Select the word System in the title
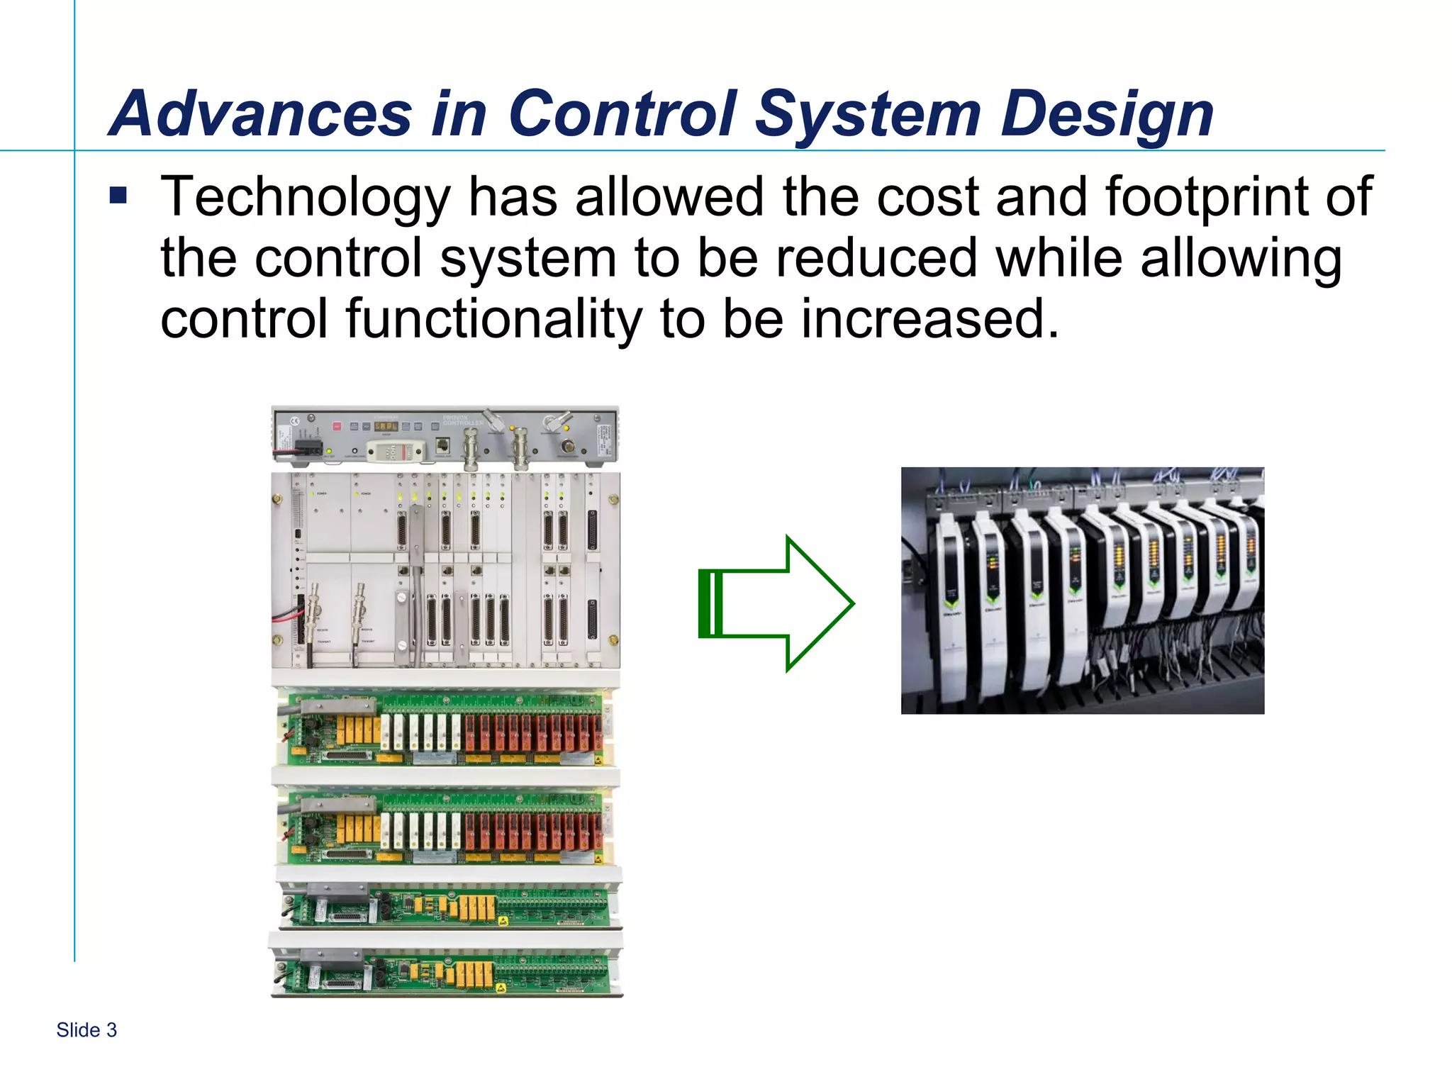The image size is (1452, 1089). point(868,115)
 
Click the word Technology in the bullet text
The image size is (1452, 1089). point(305,199)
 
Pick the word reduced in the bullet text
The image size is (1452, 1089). point(876,258)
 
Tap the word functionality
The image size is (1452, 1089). point(493,319)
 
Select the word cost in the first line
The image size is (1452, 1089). point(927,197)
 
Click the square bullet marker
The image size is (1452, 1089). point(118,195)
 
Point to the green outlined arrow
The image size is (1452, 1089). point(776,603)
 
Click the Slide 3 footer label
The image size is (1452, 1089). point(86,1030)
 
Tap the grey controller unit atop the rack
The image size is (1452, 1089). point(445,434)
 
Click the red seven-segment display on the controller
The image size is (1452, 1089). point(386,427)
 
